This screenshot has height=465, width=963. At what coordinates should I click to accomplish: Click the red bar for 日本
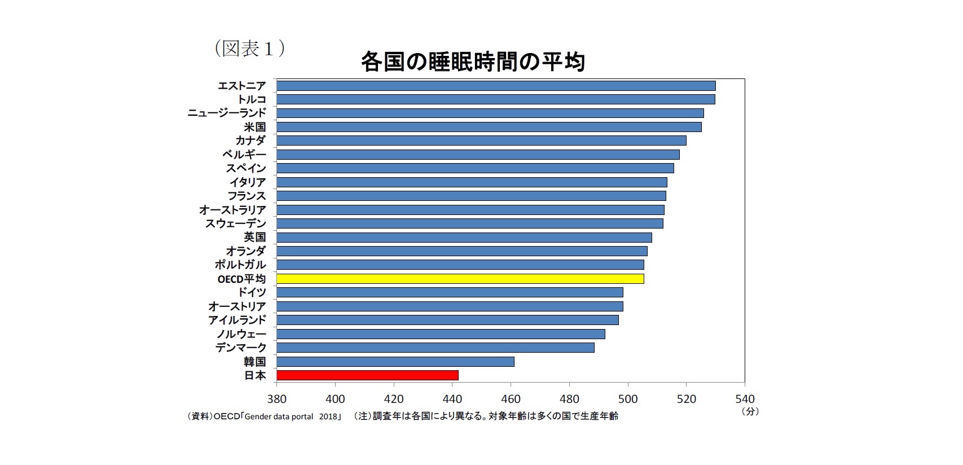click(367, 375)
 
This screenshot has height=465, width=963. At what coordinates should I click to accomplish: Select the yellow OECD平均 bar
click(460, 279)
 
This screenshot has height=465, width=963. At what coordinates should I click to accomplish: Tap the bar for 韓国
click(395, 362)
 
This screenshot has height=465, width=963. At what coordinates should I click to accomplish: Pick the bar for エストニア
click(496, 86)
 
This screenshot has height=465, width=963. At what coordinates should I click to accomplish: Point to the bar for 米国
click(489, 127)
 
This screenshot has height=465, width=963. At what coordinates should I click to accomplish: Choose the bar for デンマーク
click(435, 348)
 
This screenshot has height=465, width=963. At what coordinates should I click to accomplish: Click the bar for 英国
click(464, 238)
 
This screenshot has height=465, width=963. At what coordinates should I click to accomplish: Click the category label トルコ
click(251, 99)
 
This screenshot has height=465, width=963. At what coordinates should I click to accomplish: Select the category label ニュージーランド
click(226, 113)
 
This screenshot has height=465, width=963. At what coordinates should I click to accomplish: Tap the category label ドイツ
click(251, 292)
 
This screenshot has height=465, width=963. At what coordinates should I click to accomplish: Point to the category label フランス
click(246, 196)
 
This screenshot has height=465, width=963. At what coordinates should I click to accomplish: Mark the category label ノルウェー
click(241, 334)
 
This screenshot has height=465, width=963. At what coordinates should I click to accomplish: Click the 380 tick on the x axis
click(276, 399)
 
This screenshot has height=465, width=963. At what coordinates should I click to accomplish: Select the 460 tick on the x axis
click(511, 399)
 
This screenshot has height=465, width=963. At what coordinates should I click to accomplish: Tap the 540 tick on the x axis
click(745, 399)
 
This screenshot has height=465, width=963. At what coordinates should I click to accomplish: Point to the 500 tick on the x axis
click(628, 399)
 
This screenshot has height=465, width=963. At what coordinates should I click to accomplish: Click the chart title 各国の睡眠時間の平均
click(473, 62)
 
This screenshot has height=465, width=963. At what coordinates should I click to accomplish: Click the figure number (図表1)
click(249, 49)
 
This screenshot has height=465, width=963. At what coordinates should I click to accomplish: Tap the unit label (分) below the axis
click(750, 411)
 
